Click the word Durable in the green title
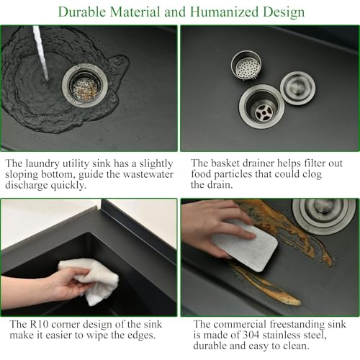click(82, 12)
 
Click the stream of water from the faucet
click(41, 53)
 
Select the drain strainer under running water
click(85, 86)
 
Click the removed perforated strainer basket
click(246, 65)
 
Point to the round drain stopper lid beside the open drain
click(298, 88)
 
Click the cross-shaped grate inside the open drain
click(264, 112)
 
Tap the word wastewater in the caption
click(148, 174)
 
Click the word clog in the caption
click(312, 175)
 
